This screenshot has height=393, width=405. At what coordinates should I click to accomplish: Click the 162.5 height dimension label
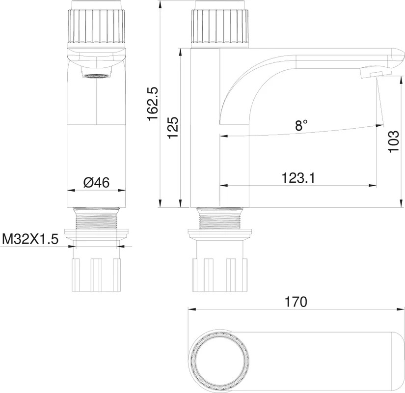[152, 103]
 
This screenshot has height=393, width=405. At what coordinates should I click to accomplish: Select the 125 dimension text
[173, 128]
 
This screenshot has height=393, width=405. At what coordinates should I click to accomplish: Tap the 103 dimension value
[394, 141]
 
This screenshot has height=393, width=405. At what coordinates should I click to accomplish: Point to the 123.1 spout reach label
[298, 178]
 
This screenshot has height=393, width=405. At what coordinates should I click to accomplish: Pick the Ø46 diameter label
[96, 183]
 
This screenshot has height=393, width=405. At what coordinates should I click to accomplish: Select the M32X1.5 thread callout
[30, 239]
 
